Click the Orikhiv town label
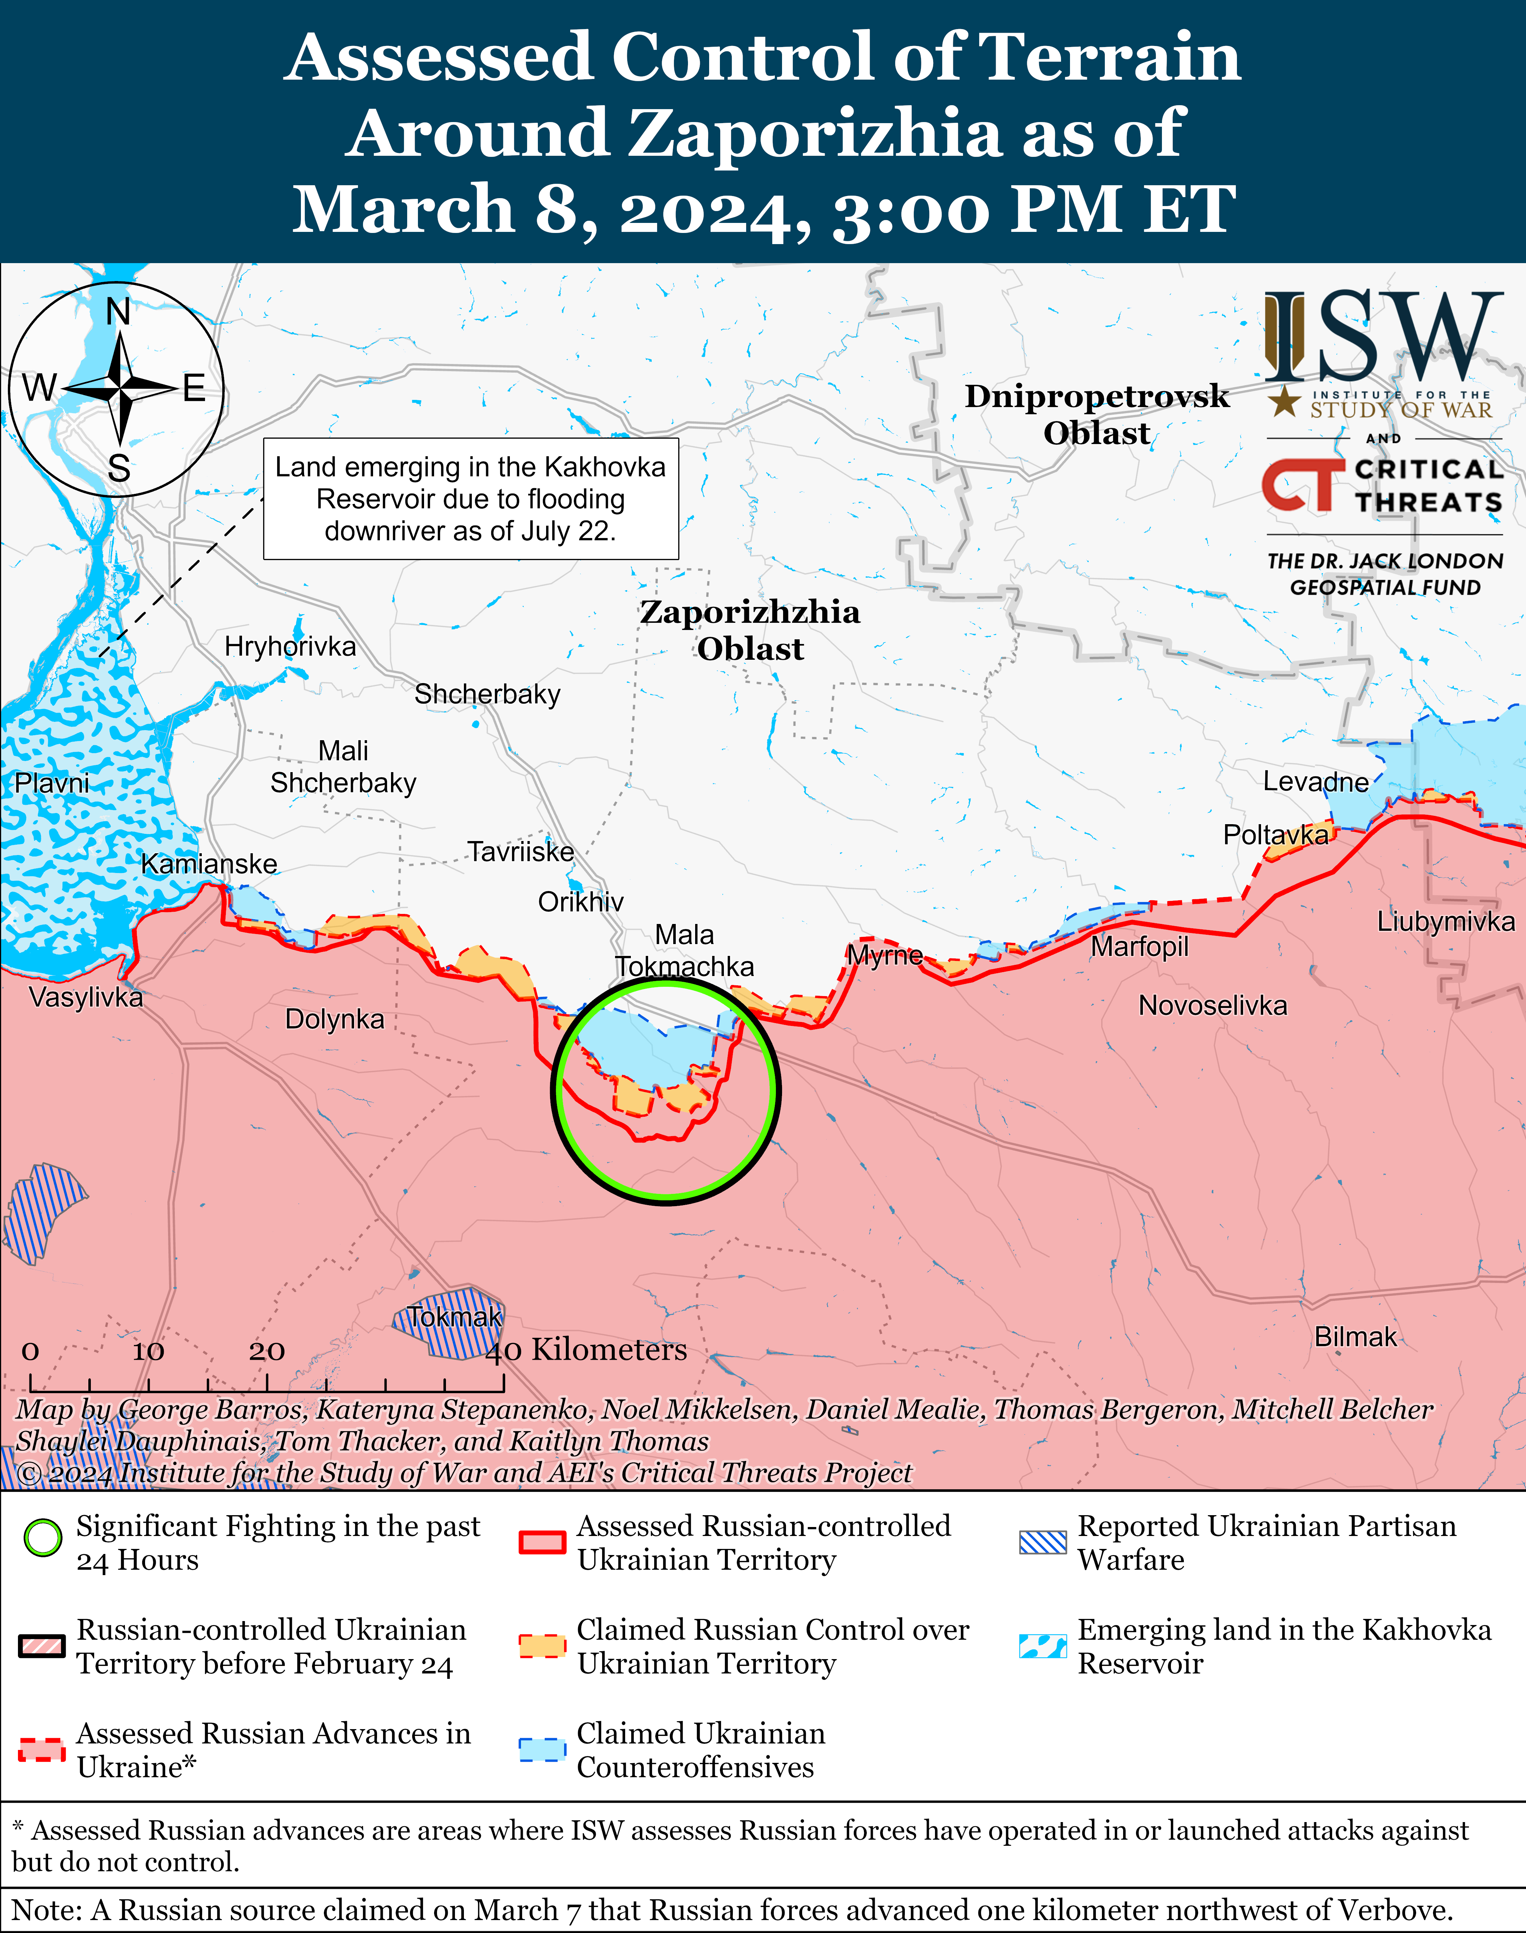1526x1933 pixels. [x=581, y=902]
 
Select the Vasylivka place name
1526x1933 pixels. [x=86, y=997]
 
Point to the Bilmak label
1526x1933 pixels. [x=1354, y=1337]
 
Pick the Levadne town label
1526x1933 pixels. [x=1315, y=783]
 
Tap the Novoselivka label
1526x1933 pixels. [x=1213, y=1006]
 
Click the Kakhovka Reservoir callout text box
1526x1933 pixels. [x=471, y=499]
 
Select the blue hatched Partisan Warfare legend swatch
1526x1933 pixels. [x=1043, y=1542]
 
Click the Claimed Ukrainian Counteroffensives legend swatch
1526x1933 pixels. [x=542, y=1749]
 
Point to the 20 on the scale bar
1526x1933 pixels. [x=266, y=1351]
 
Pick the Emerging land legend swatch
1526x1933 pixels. [x=1043, y=1645]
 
